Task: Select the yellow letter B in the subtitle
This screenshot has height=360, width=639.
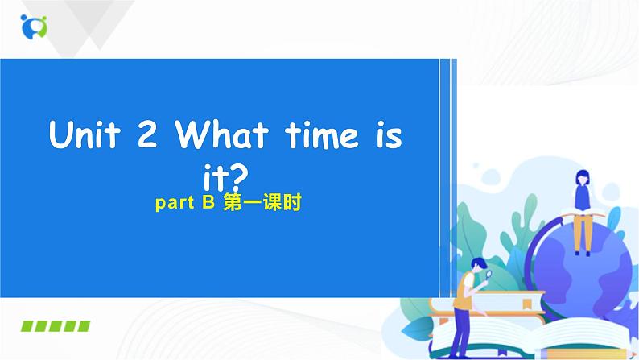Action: (206, 205)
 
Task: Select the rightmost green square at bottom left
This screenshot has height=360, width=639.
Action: (83, 326)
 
